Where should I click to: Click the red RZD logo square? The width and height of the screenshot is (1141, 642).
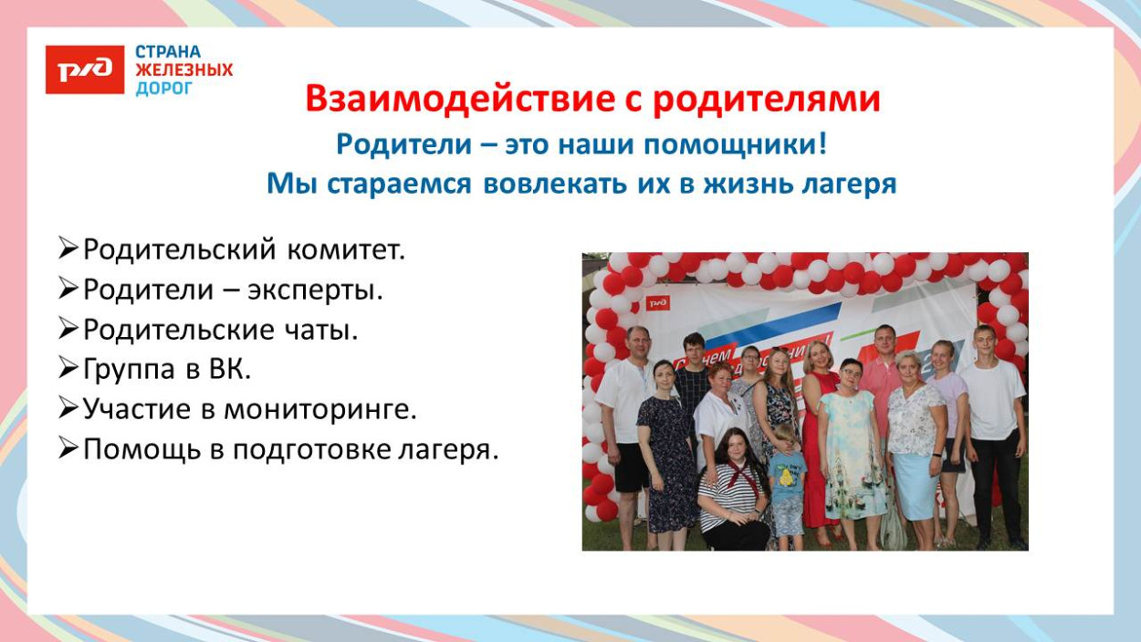point(85,69)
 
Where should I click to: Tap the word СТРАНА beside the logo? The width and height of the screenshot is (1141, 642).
point(168,52)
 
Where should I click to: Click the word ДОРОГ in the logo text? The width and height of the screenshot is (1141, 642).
point(164,89)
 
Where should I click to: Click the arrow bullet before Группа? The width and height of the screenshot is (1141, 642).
point(68,369)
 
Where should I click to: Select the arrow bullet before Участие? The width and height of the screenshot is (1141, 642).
point(68,409)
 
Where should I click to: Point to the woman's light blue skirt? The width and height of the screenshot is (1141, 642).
point(916,484)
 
